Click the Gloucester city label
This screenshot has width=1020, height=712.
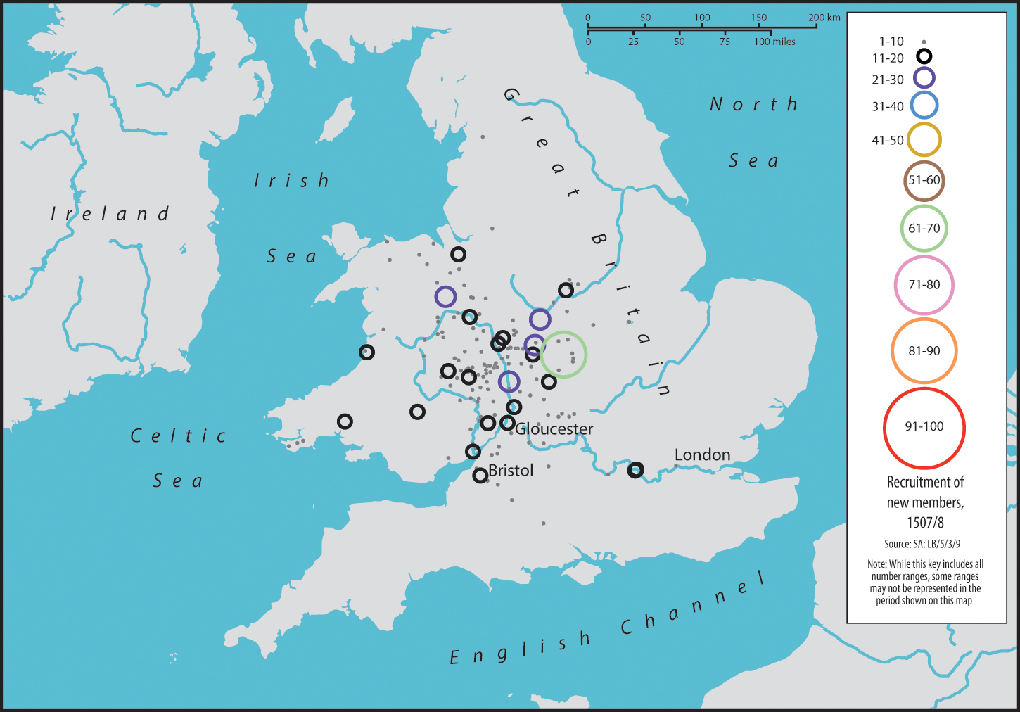tap(554, 428)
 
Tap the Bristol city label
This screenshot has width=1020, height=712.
tap(511, 470)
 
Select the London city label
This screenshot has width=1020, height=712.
tap(702, 454)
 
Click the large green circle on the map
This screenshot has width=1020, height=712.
tap(563, 355)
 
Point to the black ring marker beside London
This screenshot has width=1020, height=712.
tap(635, 470)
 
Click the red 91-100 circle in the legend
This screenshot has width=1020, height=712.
tap(924, 428)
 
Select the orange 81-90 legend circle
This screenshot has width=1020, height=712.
tap(924, 351)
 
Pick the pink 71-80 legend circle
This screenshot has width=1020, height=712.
tap(924, 285)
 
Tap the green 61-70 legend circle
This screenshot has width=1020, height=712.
tap(924, 229)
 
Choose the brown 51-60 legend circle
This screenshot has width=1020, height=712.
tap(924, 180)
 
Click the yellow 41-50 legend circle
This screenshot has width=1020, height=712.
tap(924, 140)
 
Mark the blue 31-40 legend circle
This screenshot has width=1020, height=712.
tap(924, 106)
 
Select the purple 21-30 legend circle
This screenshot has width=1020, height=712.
tap(924, 78)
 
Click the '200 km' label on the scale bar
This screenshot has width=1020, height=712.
tap(824, 18)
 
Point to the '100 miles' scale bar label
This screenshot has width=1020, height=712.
tap(774, 42)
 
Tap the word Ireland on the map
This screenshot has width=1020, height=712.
tap(110, 213)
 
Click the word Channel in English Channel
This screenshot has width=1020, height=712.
tap(693, 604)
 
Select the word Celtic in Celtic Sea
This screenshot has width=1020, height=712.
tap(178, 436)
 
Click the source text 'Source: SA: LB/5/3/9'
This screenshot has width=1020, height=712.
tap(922, 544)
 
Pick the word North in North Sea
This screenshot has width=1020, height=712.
tap(753, 105)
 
